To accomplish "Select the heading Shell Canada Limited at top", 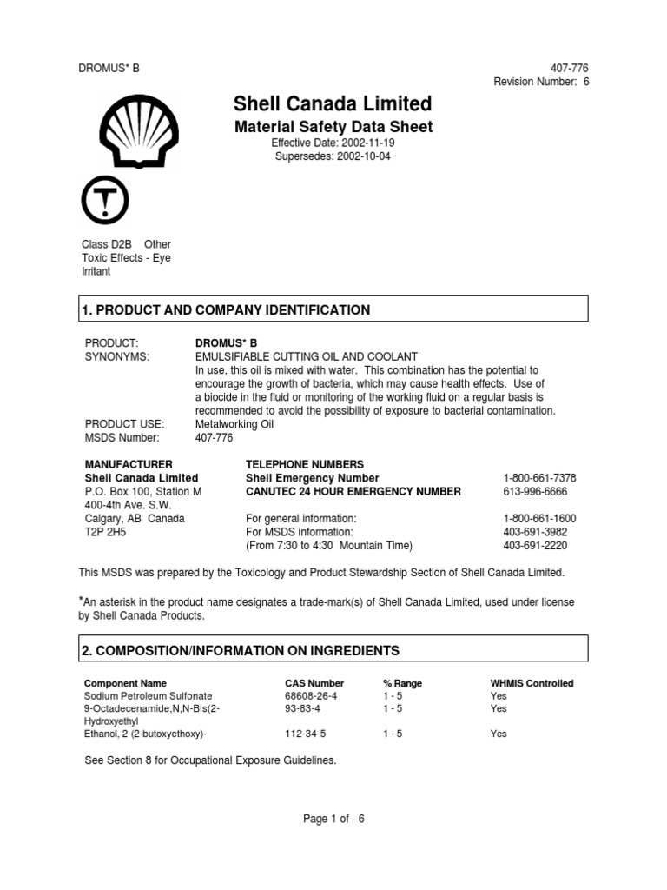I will click(x=333, y=104).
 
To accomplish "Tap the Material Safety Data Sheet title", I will click(x=333, y=127).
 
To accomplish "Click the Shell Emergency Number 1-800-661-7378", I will click(x=540, y=478).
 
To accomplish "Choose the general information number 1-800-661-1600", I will click(x=540, y=518).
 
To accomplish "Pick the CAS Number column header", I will click(x=314, y=683).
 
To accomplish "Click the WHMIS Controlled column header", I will click(x=532, y=683).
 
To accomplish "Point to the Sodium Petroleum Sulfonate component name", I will click(x=148, y=696).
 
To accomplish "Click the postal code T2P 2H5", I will click(x=102, y=532).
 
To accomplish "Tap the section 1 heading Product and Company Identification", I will click(x=226, y=310).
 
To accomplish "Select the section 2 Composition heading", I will click(x=240, y=650).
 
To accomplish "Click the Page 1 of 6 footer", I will click(x=333, y=818).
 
